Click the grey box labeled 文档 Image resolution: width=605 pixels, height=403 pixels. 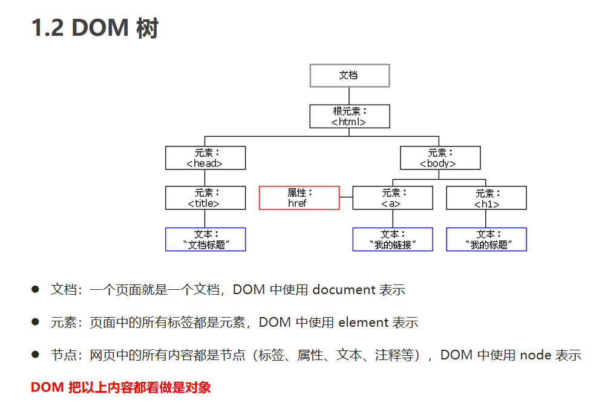pos(349,76)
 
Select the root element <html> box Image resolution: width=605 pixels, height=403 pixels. pos(349,116)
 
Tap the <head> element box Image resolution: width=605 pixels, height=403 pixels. pos(205,158)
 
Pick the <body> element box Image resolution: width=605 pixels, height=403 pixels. pos(440,158)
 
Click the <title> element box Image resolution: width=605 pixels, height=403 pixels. pos(205,198)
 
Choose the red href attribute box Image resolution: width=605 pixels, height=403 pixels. pos(299,198)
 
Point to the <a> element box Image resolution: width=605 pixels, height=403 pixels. pos(393,198)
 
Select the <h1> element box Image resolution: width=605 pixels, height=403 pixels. pos(486,198)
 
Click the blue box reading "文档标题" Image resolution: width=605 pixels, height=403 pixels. pos(205,239)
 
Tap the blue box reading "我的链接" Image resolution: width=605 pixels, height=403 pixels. pos(393,239)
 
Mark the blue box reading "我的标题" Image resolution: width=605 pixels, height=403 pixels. pos(486,239)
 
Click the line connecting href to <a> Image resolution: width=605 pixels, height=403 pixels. pos(346,197)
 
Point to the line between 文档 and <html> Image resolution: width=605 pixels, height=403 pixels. pos(349,96)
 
